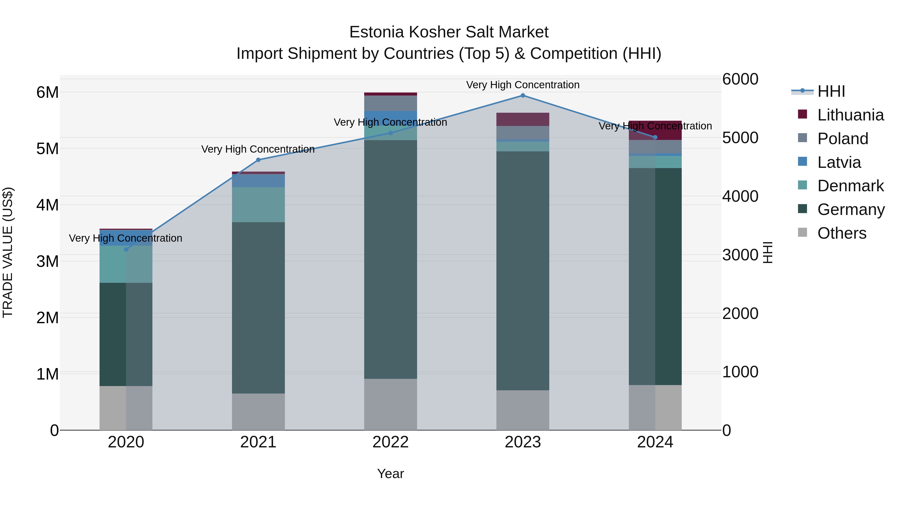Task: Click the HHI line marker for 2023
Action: [x=523, y=96]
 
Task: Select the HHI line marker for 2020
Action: [x=126, y=250]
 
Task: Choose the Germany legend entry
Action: [x=851, y=209]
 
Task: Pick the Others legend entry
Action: [x=842, y=233]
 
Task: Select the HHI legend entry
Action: [x=831, y=91]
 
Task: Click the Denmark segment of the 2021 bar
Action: [x=258, y=205]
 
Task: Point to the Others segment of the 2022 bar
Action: [x=390, y=404]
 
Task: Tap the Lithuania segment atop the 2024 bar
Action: [x=655, y=130]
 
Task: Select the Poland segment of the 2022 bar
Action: [x=390, y=103]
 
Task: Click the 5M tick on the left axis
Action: [x=47, y=149]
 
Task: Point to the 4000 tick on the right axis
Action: [x=740, y=196]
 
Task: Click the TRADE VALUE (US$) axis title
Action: [x=8, y=252]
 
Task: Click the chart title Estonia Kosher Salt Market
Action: [x=449, y=32]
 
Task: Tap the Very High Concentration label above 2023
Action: [x=523, y=85]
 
